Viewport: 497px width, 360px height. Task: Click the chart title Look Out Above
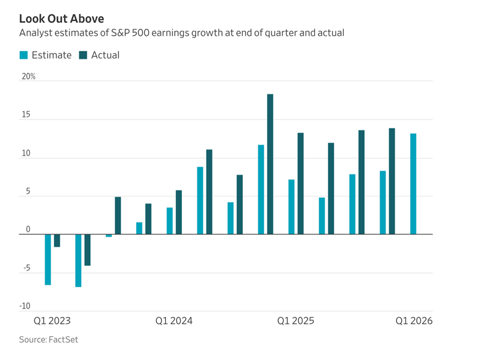click(61, 19)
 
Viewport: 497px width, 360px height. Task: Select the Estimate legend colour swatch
click(24, 55)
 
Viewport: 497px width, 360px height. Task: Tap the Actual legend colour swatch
click(83, 55)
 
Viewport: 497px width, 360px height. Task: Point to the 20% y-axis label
click(28, 76)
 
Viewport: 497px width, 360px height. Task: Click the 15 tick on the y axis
click(25, 115)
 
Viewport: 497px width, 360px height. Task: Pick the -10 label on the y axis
click(25, 307)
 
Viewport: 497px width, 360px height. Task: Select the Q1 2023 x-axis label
click(52, 321)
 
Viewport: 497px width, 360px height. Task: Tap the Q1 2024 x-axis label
click(174, 321)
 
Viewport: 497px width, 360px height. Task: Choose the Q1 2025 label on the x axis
click(296, 321)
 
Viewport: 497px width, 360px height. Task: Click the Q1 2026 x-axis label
click(413, 321)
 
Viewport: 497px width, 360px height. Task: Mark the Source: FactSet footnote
click(49, 339)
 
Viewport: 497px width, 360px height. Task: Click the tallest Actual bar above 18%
click(270, 164)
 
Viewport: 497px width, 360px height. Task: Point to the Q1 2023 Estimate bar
click(48, 259)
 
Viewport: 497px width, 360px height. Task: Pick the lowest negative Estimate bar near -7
click(78, 260)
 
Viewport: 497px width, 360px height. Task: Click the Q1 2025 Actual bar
click(301, 183)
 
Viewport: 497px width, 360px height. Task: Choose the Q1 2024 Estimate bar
click(170, 221)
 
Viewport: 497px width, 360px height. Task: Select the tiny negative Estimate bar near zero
click(109, 235)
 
